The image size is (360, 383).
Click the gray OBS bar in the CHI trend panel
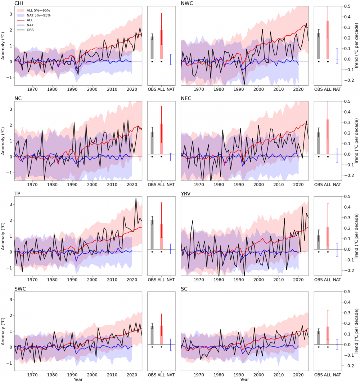pos(152,48)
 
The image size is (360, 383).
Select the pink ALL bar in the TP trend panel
pos(161,236)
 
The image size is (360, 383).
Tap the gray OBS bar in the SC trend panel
pos(319,338)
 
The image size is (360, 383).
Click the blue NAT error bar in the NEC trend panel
pos(337,155)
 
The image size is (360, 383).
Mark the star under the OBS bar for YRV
pos(319,252)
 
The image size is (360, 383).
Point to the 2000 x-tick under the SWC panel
pos(93,374)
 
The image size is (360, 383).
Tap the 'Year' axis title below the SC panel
pos(244,379)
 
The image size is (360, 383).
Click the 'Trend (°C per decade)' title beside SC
pos(356,331)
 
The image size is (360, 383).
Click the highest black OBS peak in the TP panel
pos(136,198)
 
